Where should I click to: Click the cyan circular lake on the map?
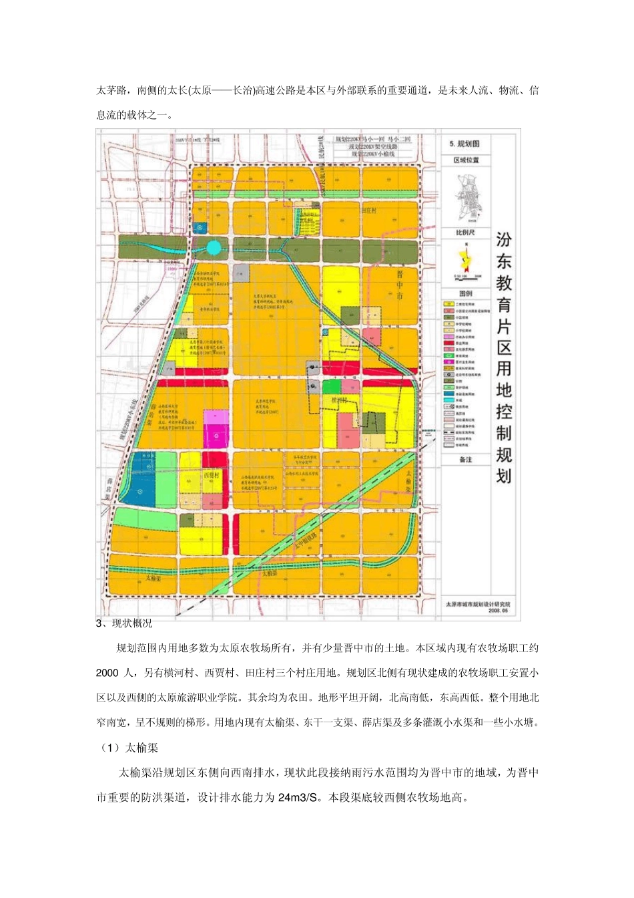213,248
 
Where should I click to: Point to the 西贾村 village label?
211,475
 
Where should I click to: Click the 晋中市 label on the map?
399,285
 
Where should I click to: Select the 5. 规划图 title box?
465,144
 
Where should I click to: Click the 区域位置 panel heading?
466,160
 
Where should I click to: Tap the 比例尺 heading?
465,233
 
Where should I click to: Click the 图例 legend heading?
465,293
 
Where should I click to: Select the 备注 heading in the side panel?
465,460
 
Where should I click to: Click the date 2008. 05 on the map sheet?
497,610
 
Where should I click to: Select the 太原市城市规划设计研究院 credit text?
477,604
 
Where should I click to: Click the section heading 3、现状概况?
124,623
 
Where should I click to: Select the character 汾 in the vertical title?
503,239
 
